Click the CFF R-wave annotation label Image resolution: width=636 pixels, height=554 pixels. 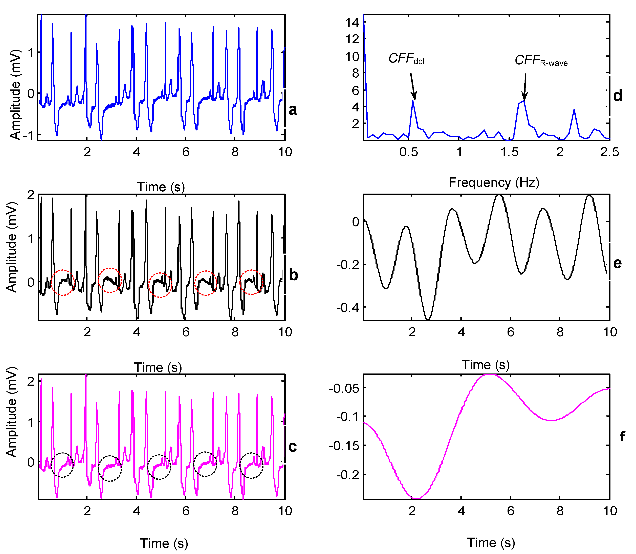pos(541,60)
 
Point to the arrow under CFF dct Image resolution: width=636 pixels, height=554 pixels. pos(413,86)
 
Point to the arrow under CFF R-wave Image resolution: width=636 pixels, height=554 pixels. pos(525,86)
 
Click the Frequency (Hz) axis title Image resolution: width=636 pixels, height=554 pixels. pos(494,182)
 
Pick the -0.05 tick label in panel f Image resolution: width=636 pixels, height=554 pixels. pos(344,388)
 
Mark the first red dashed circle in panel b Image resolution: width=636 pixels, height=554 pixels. pos(63,282)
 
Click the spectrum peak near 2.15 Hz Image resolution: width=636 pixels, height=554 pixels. pos(574,109)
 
